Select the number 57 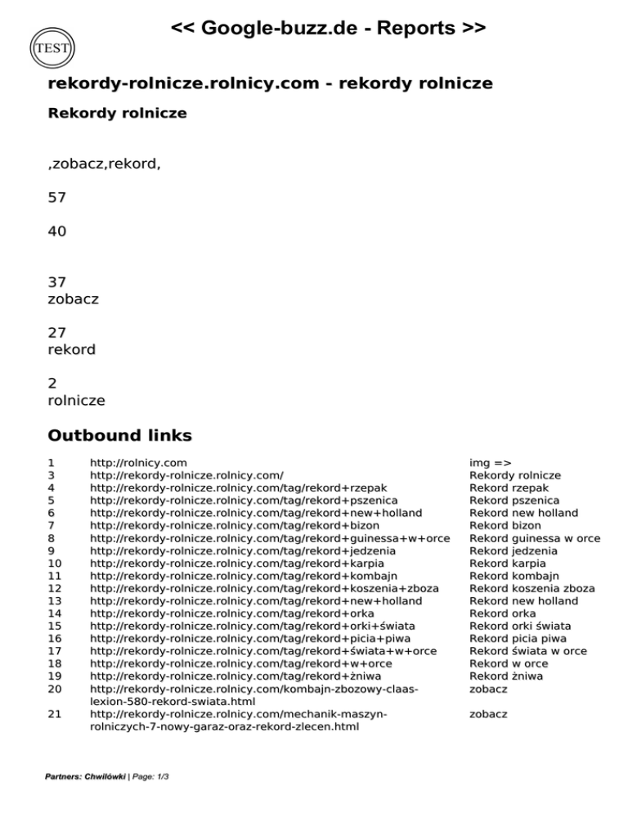pyautogui.click(x=57, y=197)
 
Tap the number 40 pyautogui.click(x=57, y=231)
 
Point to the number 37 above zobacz pyautogui.click(x=57, y=282)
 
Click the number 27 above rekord pyautogui.click(x=57, y=332)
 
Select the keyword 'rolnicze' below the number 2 pyautogui.click(x=77, y=400)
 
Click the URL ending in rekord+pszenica pyautogui.click(x=244, y=501)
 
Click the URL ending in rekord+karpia pyautogui.click(x=236, y=564)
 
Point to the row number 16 pyautogui.click(x=56, y=639)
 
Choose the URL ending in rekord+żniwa pyautogui.click(x=235, y=676)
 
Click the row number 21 pyautogui.click(x=56, y=714)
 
